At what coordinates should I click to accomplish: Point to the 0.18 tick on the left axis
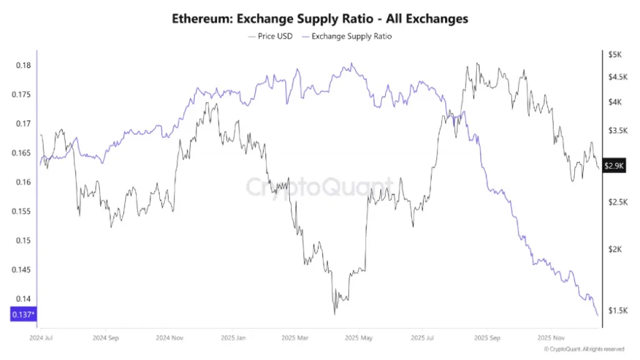pyautogui.click(x=24, y=66)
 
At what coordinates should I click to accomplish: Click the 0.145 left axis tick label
pyautogui.click(x=22, y=270)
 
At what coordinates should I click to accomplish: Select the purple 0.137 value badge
pyautogui.click(x=23, y=315)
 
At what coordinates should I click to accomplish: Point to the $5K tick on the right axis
pyautogui.click(x=614, y=55)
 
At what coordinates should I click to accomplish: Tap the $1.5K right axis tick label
pyautogui.click(x=616, y=311)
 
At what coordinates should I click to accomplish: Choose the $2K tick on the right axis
pyautogui.click(x=614, y=249)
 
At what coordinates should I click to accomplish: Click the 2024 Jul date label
pyautogui.click(x=40, y=337)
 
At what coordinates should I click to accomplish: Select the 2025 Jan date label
pyautogui.click(x=232, y=337)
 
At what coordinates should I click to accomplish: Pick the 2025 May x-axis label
pyautogui.click(x=358, y=337)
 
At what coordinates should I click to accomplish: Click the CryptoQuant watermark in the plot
pyautogui.click(x=319, y=186)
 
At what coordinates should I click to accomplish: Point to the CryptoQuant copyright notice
pyautogui.click(x=584, y=349)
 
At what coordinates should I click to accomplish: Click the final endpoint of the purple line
pyautogui.click(x=597, y=315)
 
